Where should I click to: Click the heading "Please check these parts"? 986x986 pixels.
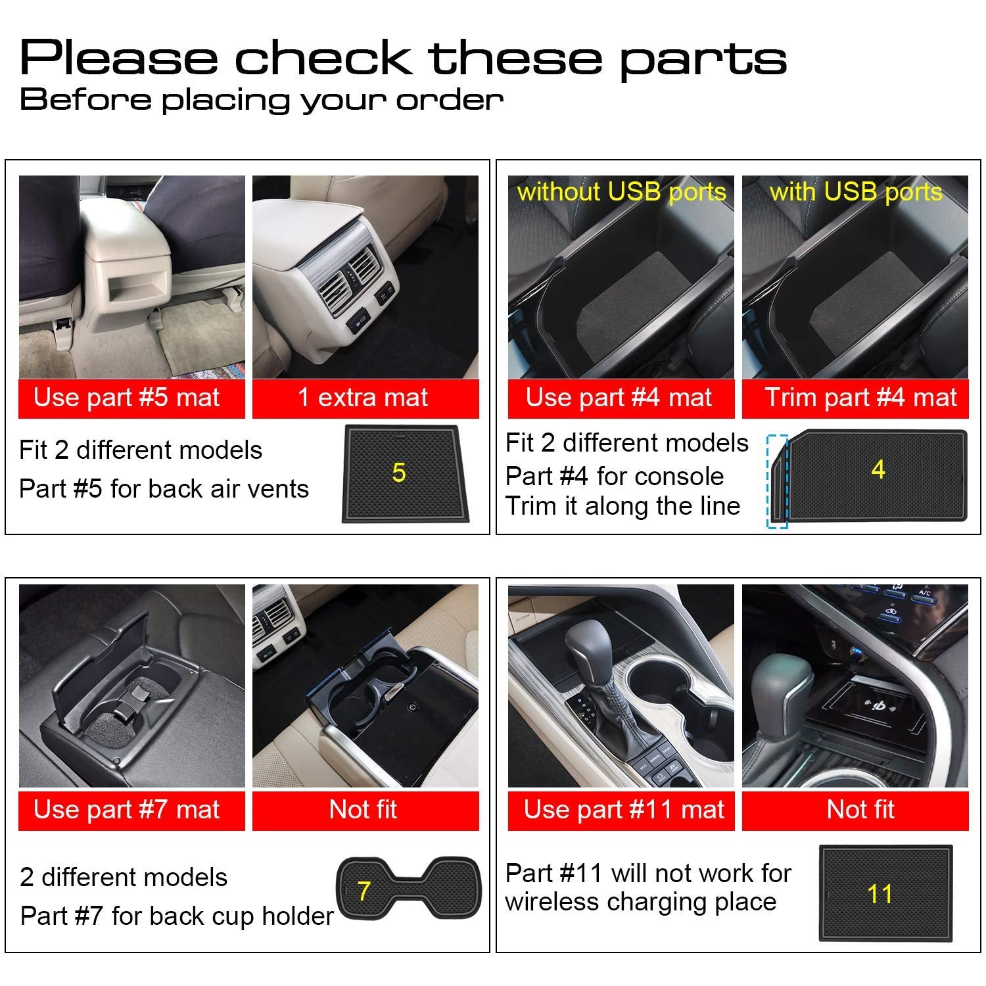coord(403,59)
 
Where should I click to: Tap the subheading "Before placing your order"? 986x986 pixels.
coord(262,99)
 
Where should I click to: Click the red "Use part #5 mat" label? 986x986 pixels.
coord(131,398)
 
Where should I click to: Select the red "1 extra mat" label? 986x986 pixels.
coord(365,398)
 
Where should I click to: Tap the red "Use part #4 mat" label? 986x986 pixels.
coord(621,398)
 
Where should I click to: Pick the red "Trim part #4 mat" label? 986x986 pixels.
coord(855,398)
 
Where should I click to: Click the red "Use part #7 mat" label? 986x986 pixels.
coord(131,810)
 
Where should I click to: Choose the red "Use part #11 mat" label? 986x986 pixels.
coord(621,810)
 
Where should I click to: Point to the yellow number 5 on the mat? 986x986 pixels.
coord(398,473)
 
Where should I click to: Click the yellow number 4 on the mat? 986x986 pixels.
coord(878,469)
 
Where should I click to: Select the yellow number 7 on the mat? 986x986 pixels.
coord(364,891)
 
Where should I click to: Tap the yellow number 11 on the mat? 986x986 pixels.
coord(880,894)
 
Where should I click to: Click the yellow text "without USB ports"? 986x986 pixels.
coord(621,192)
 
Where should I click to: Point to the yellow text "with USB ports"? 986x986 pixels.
coord(856,192)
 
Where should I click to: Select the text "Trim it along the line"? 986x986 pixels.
coord(622,506)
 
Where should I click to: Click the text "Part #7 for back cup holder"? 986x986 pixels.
coord(177,916)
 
